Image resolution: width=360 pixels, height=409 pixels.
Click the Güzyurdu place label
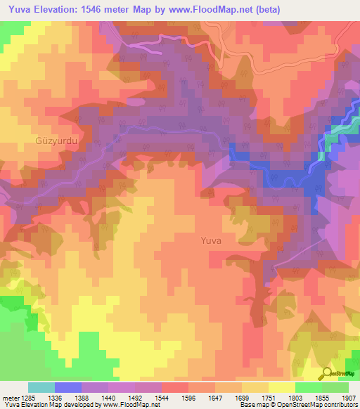[54, 141]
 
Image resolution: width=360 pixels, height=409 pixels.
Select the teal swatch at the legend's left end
[41, 387]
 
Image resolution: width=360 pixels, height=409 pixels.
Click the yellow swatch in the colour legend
[281, 387]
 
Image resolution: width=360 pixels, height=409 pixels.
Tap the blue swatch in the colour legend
[67, 387]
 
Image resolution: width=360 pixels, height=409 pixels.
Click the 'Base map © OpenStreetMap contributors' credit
[298, 405]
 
